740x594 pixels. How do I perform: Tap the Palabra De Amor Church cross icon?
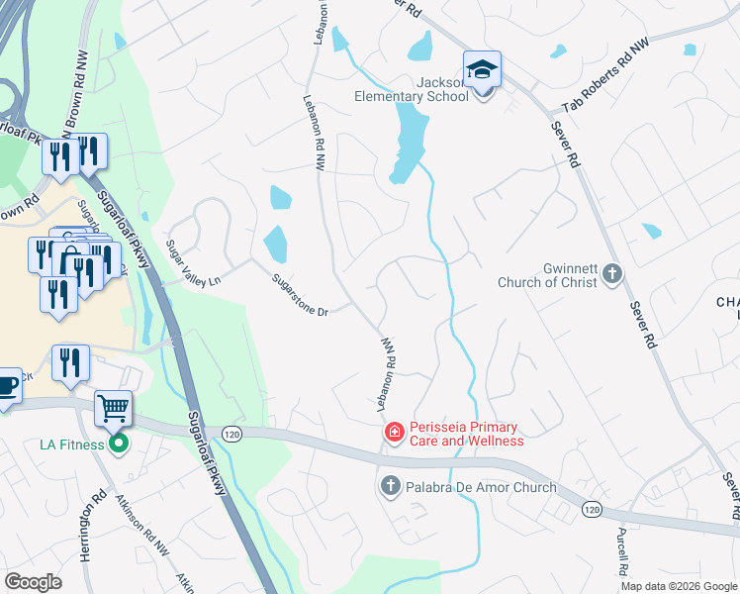[x=390, y=486]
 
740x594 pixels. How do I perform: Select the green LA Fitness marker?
[x=118, y=444]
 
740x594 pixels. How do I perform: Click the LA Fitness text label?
[x=71, y=445]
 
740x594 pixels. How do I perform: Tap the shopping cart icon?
[x=113, y=407]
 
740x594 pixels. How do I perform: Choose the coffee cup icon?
[x=7, y=384]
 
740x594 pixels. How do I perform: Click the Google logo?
[x=34, y=582]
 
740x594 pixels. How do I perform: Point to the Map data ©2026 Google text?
[x=680, y=586]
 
